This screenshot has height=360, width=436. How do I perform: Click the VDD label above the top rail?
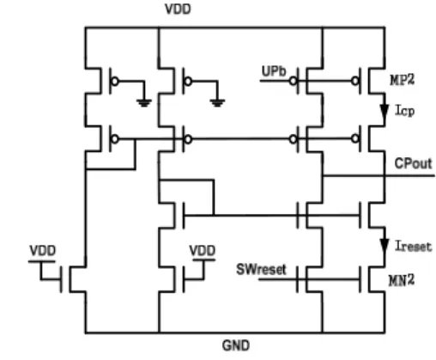pos(178,9)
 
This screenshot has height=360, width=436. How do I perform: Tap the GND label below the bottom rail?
pos(236,345)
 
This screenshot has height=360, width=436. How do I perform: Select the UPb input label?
pos(274,71)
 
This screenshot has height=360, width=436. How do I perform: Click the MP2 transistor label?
pos(402,79)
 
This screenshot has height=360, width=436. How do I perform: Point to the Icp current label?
pos(404,110)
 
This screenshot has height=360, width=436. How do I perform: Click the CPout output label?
pos(413,163)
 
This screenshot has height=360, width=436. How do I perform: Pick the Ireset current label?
pos(413,247)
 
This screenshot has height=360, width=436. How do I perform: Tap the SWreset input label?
pos(261,270)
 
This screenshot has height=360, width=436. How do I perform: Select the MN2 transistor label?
pos(402,280)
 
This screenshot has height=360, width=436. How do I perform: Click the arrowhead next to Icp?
pos(385,111)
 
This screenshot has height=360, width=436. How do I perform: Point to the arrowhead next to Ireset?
pos(385,246)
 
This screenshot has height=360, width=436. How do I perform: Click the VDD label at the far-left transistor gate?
pos(43,251)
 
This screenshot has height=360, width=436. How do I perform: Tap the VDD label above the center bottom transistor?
pos(203,251)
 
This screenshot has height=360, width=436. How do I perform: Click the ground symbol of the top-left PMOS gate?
pos(144,103)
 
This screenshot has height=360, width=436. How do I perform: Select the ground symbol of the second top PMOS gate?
pos(217,103)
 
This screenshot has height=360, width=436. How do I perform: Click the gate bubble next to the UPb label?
pos(293,81)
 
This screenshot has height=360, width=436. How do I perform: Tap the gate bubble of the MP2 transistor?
pos(355,81)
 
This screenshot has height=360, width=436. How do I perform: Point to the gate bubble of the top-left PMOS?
pos(114,82)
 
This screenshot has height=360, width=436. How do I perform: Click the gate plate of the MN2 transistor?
pos(360,279)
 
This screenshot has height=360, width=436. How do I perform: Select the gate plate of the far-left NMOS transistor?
pos(61,279)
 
